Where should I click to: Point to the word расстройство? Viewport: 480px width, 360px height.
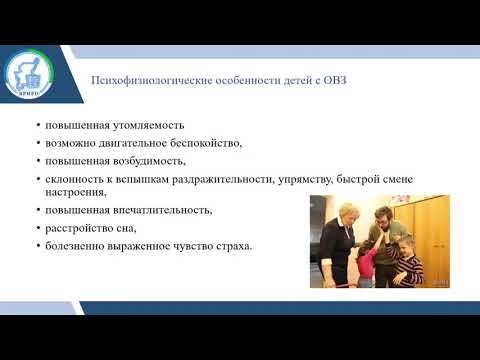pos(73,228)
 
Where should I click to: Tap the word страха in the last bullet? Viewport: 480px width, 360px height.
pos(228,245)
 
